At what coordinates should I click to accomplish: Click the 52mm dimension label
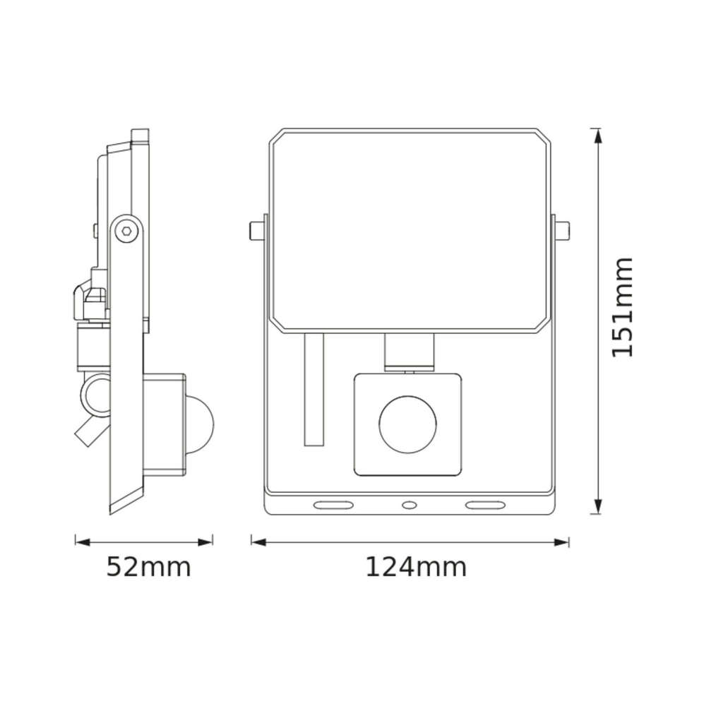148,568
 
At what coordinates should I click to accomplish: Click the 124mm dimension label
416,568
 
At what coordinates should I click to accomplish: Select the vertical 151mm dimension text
622,308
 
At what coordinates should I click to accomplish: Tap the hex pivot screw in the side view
126,232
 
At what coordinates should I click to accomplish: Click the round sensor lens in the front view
408,425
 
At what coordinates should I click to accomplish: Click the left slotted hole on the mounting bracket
334,505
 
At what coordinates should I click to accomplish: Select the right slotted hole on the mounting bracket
485,505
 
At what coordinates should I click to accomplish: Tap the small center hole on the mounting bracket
409,505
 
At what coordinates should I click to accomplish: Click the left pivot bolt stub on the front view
257,231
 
